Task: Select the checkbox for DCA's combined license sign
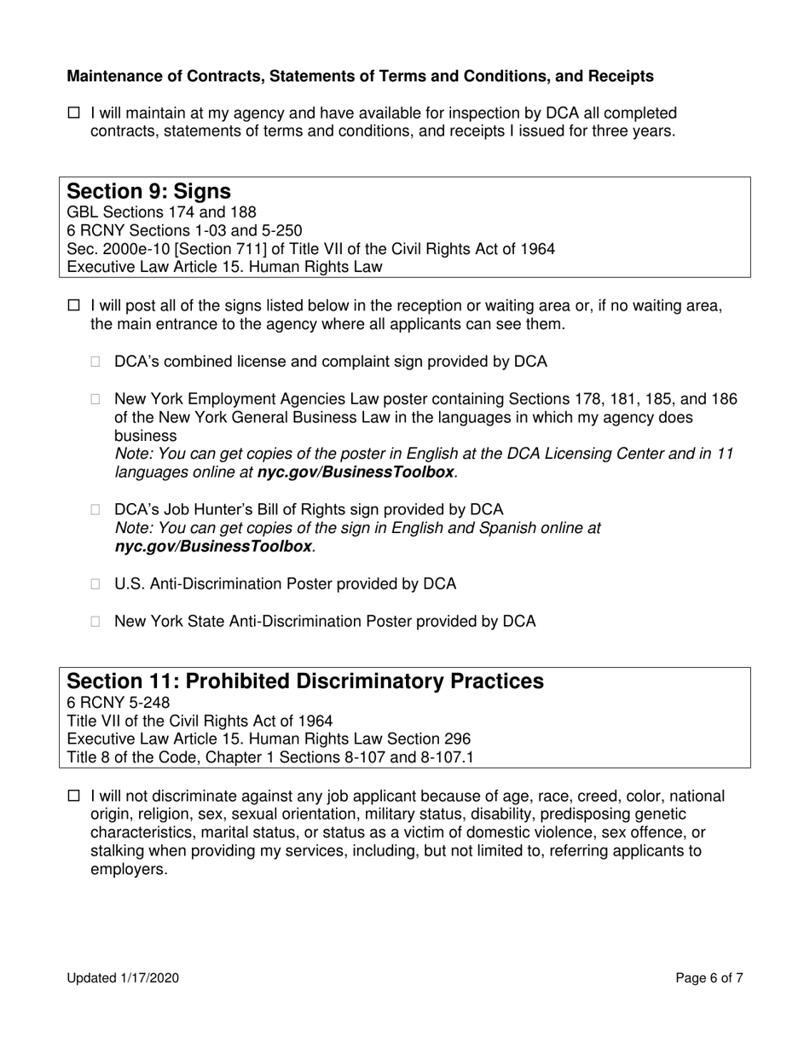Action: [x=96, y=362]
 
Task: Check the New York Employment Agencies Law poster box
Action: [x=96, y=399]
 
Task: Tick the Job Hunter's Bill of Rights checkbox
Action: [x=96, y=510]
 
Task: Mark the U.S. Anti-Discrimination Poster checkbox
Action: [x=96, y=584]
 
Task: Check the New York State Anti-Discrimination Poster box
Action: [x=96, y=622]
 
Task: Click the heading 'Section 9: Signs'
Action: [x=148, y=190]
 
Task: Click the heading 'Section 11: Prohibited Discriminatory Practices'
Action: [x=304, y=681]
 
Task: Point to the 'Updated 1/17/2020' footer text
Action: [x=123, y=978]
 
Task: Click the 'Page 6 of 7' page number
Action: [x=709, y=978]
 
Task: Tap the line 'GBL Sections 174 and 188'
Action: [x=161, y=212]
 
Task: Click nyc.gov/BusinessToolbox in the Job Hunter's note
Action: [x=213, y=547]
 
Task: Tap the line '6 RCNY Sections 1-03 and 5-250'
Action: [x=183, y=230]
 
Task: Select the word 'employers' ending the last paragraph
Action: [x=127, y=871]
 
